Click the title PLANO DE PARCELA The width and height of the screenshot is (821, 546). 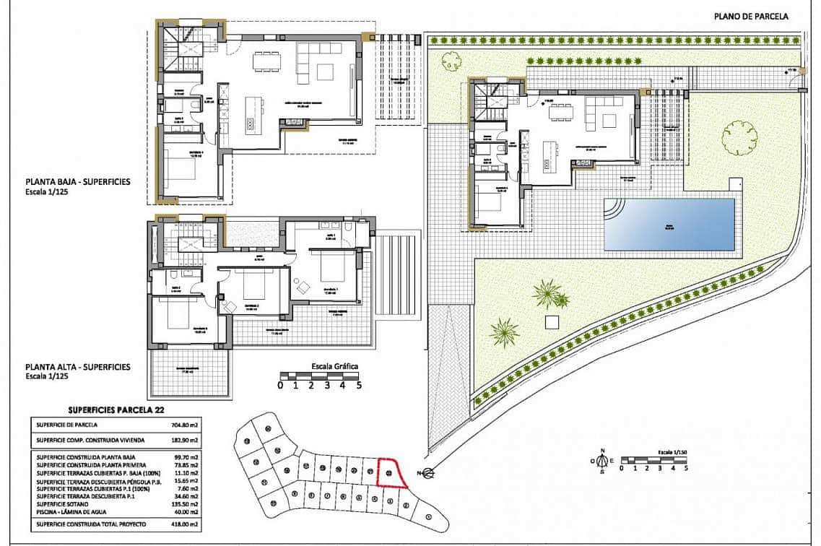[751, 16]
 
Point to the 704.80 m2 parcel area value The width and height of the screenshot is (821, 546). [188, 425]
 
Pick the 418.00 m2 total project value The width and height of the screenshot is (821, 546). [188, 524]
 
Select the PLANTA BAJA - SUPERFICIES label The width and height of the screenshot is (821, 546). [78, 182]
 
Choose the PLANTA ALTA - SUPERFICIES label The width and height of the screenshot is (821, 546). [78, 367]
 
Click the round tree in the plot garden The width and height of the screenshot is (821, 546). [739, 137]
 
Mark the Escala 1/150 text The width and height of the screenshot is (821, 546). [670, 450]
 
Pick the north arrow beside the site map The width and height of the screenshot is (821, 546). [427, 474]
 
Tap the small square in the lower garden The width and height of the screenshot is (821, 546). [552, 321]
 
